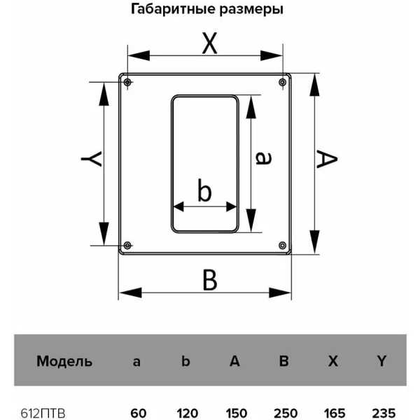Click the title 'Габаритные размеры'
click(207, 9)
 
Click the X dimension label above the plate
click(209, 43)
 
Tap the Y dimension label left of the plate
click(91, 159)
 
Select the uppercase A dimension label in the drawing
click(327, 159)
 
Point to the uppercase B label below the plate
click(210, 280)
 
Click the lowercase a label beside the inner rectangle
click(264, 157)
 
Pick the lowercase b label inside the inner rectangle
click(204, 190)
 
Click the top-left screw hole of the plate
click(127, 82)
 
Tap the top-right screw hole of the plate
click(282, 82)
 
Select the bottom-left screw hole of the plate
click(127, 245)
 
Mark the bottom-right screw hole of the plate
click(282, 245)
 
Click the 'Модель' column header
click(64, 361)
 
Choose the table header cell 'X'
click(333, 361)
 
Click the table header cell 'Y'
click(381, 361)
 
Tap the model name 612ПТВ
click(43, 414)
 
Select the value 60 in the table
click(138, 414)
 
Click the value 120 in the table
click(187, 414)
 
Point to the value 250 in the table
click(286, 414)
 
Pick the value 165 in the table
click(335, 414)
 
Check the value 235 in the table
click(384, 414)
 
